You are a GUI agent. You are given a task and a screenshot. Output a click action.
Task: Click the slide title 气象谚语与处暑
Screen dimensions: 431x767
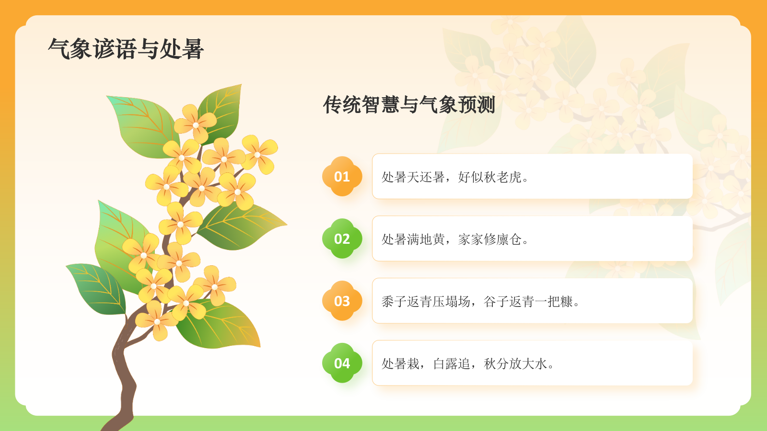(126, 49)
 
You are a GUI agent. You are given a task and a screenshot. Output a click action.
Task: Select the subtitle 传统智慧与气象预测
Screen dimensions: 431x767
(409, 104)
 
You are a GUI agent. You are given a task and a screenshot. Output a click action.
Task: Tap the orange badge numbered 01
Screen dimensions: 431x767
(342, 176)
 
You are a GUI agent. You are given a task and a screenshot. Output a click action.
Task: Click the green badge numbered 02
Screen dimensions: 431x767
(342, 238)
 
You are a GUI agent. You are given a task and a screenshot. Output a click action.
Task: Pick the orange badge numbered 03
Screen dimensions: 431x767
(342, 301)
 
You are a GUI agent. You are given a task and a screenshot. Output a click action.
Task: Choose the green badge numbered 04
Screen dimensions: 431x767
(342, 363)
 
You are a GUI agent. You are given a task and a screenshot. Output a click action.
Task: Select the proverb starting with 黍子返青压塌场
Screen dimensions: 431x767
(481, 301)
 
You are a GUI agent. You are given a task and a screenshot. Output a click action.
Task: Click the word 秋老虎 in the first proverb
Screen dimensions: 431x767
(503, 177)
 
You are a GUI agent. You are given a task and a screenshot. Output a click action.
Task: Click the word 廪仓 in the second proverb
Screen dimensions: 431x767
(509, 239)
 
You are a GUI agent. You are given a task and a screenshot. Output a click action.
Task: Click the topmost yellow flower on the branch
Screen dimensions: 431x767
(195, 124)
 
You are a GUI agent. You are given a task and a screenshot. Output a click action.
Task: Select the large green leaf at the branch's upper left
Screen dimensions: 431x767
(141, 125)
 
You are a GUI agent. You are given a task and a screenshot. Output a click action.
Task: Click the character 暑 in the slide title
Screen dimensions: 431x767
(193, 49)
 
